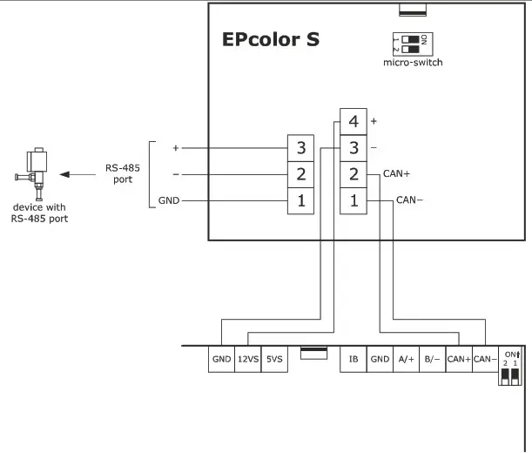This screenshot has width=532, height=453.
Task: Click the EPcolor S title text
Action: tap(271, 40)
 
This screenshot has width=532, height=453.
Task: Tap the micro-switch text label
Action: tap(413, 63)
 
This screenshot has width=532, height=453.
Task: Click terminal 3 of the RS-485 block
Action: tap(300, 147)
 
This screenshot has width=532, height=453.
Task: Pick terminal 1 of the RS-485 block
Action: tap(300, 200)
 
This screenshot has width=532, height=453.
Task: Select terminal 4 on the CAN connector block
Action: tap(353, 122)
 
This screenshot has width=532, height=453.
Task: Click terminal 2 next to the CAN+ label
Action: tap(353, 174)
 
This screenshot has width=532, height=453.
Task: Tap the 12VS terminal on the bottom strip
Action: tap(248, 359)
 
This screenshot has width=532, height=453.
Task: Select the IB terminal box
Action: tap(354, 359)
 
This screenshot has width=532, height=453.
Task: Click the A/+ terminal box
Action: tap(406, 359)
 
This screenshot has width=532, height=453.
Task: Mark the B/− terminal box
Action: tap(432, 359)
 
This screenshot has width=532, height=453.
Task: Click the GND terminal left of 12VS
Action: tap(221, 359)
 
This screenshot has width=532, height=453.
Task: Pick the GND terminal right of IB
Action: tap(380, 359)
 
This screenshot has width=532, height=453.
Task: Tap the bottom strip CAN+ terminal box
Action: tap(459, 359)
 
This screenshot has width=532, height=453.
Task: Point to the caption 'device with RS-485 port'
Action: tap(40, 213)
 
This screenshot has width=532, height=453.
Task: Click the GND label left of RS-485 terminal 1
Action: tap(168, 200)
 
